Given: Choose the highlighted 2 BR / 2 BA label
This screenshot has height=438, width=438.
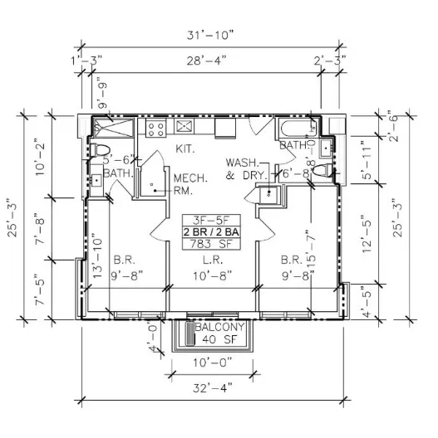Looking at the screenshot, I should [212, 232].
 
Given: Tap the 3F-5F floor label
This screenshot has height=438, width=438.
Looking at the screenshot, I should [212, 221].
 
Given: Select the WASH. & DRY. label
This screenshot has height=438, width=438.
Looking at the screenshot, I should [245, 168].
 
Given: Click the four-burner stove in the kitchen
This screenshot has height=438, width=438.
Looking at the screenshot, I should [155, 129].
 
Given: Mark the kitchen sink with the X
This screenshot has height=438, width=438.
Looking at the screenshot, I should [185, 127].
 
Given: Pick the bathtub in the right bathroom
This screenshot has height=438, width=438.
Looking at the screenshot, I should [296, 129].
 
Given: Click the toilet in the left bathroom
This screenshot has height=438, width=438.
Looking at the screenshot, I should [101, 149].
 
